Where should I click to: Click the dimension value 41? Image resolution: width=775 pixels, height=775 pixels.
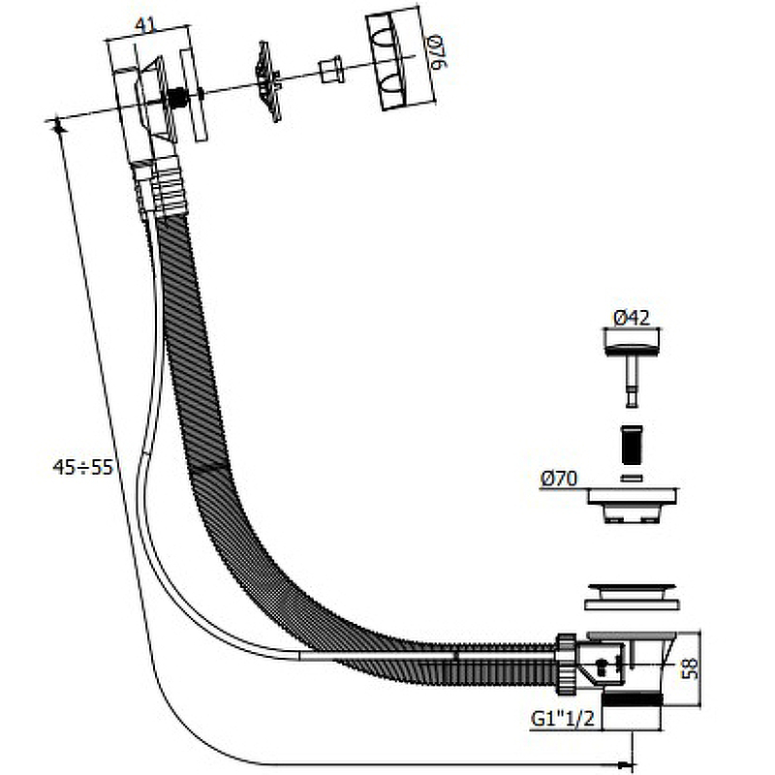pyautogui.click(x=145, y=25)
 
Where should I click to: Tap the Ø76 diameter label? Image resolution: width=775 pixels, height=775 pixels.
pyautogui.click(x=439, y=52)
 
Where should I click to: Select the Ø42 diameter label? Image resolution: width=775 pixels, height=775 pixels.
pyautogui.click(x=632, y=318)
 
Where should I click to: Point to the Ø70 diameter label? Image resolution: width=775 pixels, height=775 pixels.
pyautogui.click(x=559, y=479)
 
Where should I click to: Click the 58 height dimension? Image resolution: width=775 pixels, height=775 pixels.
pyautogui.click(x=690, y=668)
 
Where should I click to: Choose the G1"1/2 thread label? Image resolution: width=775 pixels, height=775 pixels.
pyautogui.click(x=563, y=718)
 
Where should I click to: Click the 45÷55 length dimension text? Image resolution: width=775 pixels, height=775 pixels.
pyautogui.click(x=83, y=467)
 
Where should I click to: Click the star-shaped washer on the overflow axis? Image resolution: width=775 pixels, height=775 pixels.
pyautogui.click(x=268, y=80)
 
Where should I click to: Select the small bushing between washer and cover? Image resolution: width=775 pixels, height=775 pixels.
pyautogui.click(x=331, y=70)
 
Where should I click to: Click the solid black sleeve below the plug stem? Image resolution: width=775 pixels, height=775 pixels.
pyautogui.click(x=632, y=445)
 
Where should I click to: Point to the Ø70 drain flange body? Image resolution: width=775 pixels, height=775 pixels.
pyautogui.click(x=633, y=504)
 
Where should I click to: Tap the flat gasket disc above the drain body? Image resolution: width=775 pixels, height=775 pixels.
pyautogui.click(x=632, y=597)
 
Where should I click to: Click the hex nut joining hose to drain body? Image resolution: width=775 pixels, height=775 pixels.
pyautogui.click(x=567, y=665)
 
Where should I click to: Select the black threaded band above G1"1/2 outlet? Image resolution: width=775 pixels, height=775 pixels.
pyautogui.click(x=633, y=700)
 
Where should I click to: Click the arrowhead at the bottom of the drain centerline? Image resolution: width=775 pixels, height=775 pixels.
pyautogui.click(x=626, y=765)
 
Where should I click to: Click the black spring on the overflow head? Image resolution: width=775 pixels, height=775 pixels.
pyautogui.click(x=176, y=98)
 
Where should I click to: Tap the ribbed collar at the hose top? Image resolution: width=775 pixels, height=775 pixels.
pyautogui.click(x=159, y=187)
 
